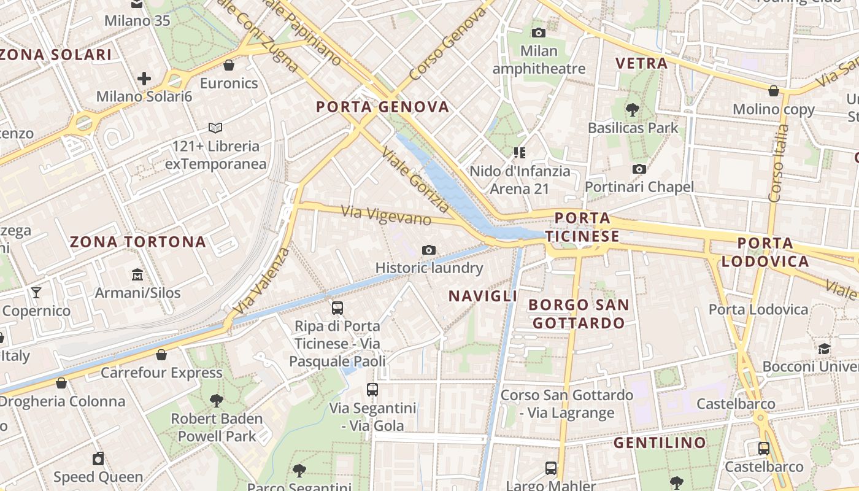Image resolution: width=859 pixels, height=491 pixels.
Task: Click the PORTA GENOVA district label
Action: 382,107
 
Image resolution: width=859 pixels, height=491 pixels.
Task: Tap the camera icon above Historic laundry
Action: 429,250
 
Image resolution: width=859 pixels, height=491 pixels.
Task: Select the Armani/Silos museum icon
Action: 137,274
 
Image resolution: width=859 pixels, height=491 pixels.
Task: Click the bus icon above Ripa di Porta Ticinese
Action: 337,308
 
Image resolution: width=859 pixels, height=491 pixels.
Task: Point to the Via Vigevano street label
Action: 386,215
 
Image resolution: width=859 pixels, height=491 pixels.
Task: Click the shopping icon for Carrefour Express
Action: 161,355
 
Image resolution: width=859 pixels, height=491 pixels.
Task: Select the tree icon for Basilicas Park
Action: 632,110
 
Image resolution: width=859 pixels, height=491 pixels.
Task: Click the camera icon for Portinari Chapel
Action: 639,169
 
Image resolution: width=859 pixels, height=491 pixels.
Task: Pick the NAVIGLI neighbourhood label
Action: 483,296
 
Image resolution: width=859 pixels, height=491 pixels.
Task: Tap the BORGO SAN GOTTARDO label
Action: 579,314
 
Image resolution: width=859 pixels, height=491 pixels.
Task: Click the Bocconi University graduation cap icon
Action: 824,349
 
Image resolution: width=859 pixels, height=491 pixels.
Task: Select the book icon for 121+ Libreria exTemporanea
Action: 215,128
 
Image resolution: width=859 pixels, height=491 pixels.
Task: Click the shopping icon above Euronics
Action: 229,65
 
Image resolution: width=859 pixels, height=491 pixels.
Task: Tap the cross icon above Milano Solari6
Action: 144,79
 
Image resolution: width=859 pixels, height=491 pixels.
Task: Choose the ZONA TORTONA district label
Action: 138,242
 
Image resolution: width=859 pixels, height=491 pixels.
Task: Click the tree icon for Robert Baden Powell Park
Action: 216,401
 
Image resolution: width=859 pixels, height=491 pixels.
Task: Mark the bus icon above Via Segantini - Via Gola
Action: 372,390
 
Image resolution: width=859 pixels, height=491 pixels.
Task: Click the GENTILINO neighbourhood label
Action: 660,443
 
